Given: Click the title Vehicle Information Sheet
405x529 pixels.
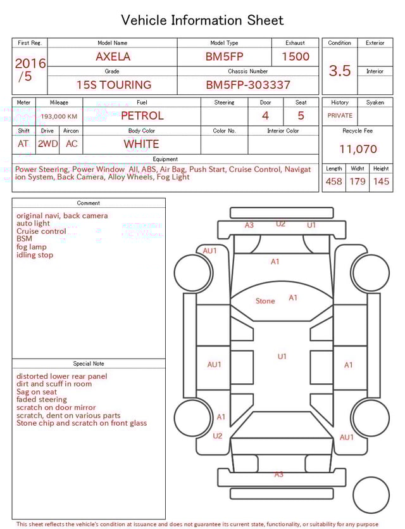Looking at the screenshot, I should point(202,20).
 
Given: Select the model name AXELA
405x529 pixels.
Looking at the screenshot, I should point(113,56).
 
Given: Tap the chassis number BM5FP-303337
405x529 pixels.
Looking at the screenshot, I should point(248,84).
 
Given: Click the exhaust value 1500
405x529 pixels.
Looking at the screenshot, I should point(296,56).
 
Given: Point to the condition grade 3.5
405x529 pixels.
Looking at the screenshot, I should point(340,70).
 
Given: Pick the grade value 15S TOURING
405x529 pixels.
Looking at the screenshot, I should point(114,84).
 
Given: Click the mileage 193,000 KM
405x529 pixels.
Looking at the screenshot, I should point(59,117).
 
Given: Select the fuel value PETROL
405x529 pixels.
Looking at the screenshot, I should point(142,115).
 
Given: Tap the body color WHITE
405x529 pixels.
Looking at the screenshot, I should point(141,144).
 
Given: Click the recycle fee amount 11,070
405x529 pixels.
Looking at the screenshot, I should point(358,150).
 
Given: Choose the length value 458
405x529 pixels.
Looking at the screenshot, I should point(333,181).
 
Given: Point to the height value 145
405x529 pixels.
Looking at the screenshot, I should point(381,181).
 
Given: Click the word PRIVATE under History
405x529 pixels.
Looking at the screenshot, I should point(340,116).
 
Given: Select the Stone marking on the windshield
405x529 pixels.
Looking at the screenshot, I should point(265,301).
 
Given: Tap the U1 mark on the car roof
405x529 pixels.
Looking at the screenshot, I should point(282,357).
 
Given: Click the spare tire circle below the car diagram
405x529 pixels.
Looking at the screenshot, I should point(371,495).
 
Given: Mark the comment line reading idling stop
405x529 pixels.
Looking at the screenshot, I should point(35,255).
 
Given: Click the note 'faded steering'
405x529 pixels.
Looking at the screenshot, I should point(42,400).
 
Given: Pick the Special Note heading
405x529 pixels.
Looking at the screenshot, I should point(89,364).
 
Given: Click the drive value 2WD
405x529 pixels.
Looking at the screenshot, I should point(47,144).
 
